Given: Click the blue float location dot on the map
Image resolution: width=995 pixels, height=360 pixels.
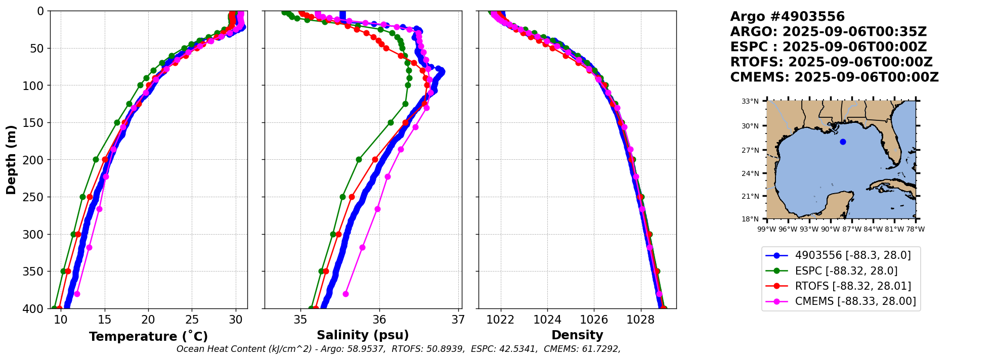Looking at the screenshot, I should (x=843, y=142).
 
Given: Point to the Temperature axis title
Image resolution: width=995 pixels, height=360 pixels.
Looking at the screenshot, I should (x=148, y=336).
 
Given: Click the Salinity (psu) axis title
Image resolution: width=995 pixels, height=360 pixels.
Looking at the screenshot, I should (x=363, y=335).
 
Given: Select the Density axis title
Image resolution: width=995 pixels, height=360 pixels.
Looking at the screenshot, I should (x=577, y=335).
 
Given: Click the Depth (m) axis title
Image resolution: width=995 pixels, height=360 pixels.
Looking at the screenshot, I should (x=11, y=159).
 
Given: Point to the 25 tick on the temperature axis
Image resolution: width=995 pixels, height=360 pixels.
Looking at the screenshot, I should (x=192, y=320).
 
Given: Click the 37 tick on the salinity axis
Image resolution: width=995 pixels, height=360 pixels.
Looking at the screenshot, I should (x=458, y=320).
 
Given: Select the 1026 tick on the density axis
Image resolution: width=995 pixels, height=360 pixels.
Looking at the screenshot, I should (x=594, y=320).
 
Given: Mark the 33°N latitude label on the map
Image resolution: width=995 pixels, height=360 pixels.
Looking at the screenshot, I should (x=750, y=102).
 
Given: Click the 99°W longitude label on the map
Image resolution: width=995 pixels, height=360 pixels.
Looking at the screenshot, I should (x=767, y=230).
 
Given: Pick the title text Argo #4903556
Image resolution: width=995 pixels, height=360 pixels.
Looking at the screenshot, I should (x=787, y=17).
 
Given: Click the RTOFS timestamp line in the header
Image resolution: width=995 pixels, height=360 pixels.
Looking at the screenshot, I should (x=831, y=62).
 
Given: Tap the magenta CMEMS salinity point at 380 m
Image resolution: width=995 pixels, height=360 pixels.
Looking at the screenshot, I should (x=346, y=294).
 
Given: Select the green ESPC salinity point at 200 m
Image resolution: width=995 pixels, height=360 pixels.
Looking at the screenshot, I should (x=359, y=159).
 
